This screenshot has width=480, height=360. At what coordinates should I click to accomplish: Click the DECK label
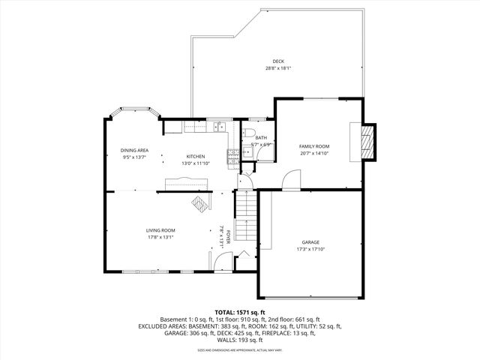[x=278, y=61]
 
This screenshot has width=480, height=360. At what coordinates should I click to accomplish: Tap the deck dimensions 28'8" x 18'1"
[x=278, y=68]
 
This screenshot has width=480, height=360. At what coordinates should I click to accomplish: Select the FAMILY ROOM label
[x=314, y=146]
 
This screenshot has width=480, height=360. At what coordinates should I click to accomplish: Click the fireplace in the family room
[x=367, y=141]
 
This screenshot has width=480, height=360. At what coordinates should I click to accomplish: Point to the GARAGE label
[x=310, y=242]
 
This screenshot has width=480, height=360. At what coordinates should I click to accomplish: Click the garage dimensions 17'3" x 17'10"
[x=310, y=249]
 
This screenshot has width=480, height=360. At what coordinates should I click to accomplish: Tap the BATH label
[x=260, y=138]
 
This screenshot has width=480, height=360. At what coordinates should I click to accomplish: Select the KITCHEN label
[x=196, y=157]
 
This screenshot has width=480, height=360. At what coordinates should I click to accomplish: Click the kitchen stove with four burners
[x=234, y=156]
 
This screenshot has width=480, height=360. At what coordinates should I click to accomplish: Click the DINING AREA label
[x=134, y=150]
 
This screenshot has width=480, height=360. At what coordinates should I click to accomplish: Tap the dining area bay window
[x=134, y=110]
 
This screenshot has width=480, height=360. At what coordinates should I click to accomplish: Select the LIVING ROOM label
[x=160, y=230]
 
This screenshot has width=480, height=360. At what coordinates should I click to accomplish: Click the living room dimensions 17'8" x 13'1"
[x=160, y=237]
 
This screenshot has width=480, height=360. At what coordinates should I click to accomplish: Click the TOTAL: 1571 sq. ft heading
[x=240, y=312]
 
